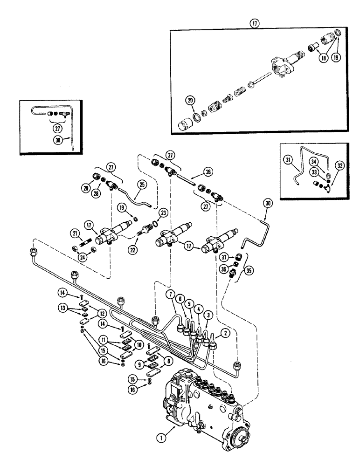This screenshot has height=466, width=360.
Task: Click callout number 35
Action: (x=242, y=270)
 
